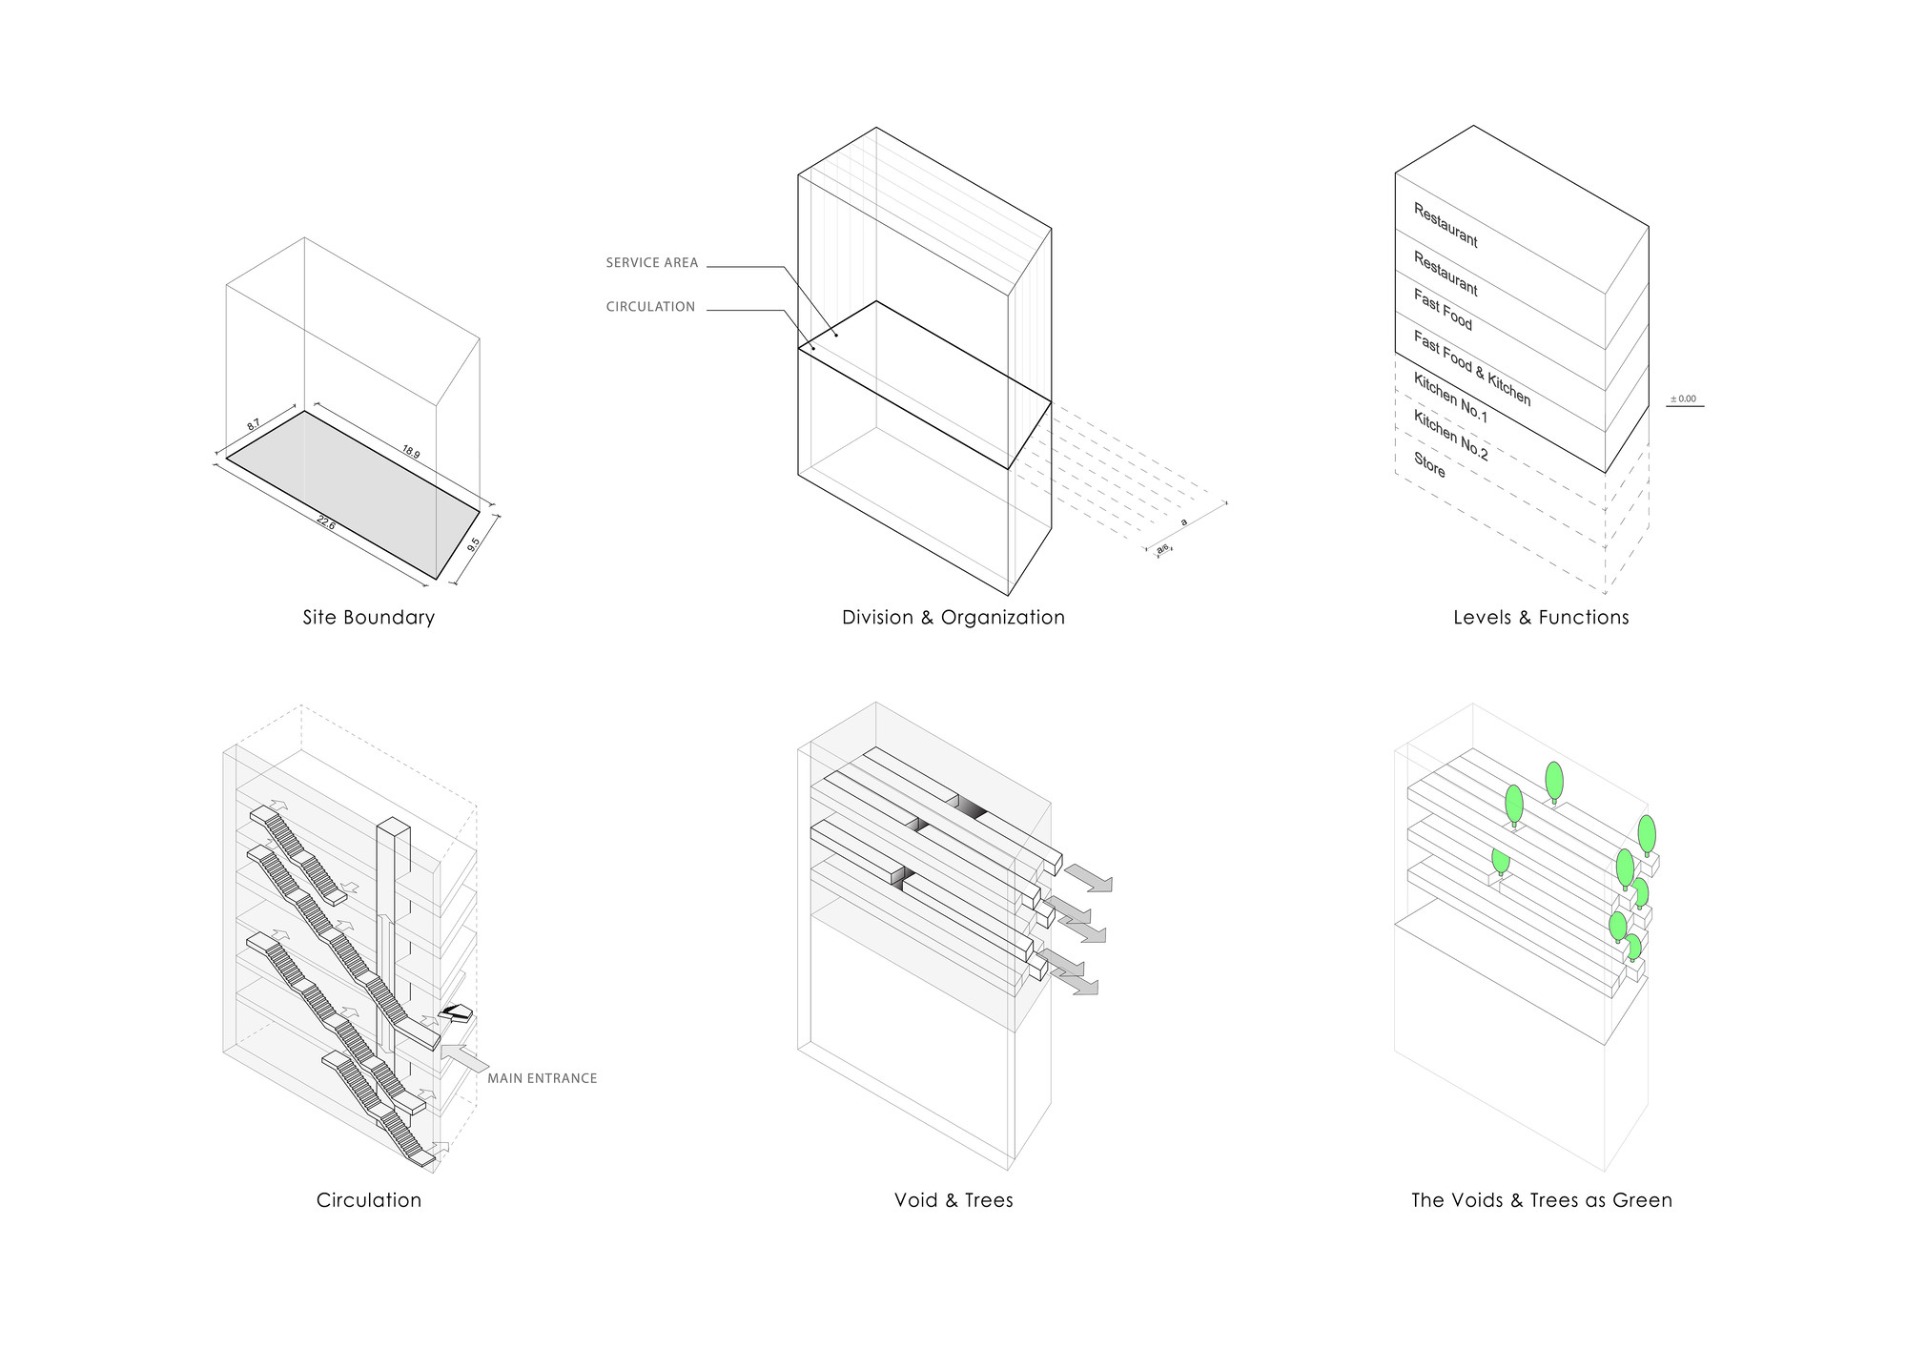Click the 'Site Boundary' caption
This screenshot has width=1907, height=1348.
368,618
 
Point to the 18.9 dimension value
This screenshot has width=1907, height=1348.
410,452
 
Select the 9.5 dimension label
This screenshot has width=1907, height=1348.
474,545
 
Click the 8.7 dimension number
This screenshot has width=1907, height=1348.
254,423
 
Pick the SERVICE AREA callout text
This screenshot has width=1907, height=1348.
652,263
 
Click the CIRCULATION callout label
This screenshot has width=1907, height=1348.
650,307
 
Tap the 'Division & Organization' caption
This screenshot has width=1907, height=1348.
953,618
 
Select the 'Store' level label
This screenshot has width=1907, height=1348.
1429,465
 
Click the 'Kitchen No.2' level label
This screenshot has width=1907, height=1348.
1450,436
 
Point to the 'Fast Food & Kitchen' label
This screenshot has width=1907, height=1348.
1471,368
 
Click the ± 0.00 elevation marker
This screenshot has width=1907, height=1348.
1684,399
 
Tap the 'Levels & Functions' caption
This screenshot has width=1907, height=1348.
1541,618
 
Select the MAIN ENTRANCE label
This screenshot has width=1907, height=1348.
542,1078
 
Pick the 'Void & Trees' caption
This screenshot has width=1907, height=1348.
953,1200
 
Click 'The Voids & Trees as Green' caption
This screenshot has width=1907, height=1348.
1541,1200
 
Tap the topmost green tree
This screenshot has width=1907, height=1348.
1554,781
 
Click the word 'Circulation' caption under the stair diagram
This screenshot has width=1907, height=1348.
368,1200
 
